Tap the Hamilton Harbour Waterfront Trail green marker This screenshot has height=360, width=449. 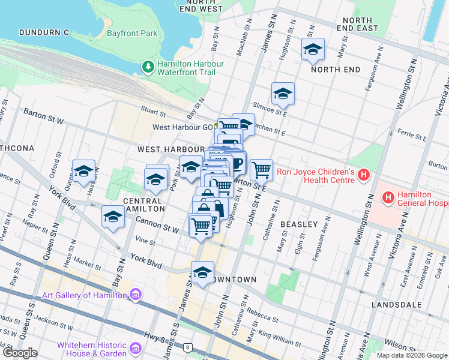tap(148, 68)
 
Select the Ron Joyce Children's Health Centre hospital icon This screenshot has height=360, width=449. tap(363, 175)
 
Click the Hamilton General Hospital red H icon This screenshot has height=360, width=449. tap(388, 197)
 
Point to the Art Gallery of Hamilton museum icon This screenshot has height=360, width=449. tap(136, 295)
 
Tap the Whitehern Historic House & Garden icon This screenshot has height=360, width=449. tap(136, 349)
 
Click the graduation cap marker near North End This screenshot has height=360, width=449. tap(313, 50)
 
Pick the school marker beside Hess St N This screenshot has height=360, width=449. tap(84, 171)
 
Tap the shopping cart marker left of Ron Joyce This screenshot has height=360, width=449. tap(261, 170)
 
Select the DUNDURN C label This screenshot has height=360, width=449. tap(44, 32)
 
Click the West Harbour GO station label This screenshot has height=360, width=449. tap(182, 127)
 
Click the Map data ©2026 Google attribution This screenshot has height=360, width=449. tap(411, 355)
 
